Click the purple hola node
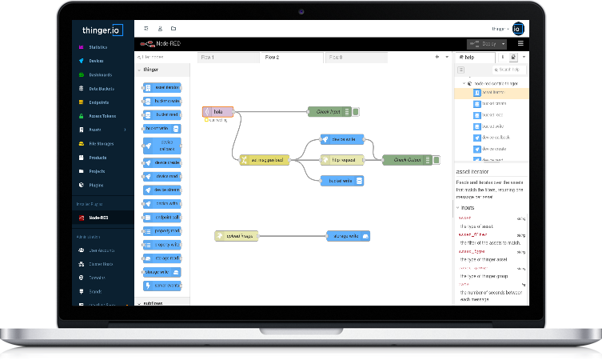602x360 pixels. pyautogui.click(x=218, y=112)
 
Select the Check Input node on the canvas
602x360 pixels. pyautogui.click(x=329, y=112)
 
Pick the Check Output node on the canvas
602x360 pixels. pyautogui.click(x=407, y=160)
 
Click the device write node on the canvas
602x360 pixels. pyautogui.click(x=342, y=139)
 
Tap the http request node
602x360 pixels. pyautogui.click(x=342, y=160)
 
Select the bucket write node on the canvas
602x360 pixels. pyautogui.click(x=342, y=181)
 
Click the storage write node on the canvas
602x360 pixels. pyautogui.click(x=348, y=236)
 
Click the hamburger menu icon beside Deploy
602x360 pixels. pyautogui.click(x=520, y=43)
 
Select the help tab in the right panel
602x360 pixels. pyautogui.click(x=468, y=58)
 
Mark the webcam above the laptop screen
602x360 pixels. pyautogui.click(x=301, y=12)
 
